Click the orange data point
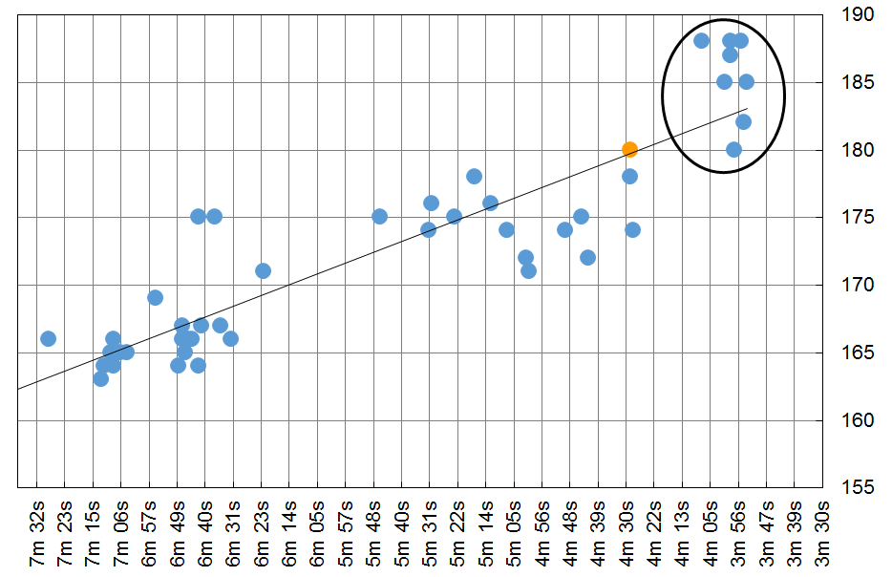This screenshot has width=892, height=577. click(629, 149)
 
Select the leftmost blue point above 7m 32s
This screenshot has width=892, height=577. click(48, 339)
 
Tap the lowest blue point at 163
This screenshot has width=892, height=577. click(100, 379)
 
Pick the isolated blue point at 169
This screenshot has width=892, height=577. click(155, 298)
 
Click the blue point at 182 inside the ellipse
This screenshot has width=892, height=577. click(743, 121)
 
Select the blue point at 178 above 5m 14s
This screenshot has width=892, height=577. click(474, 177)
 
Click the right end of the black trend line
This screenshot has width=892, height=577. click(747, 110)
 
